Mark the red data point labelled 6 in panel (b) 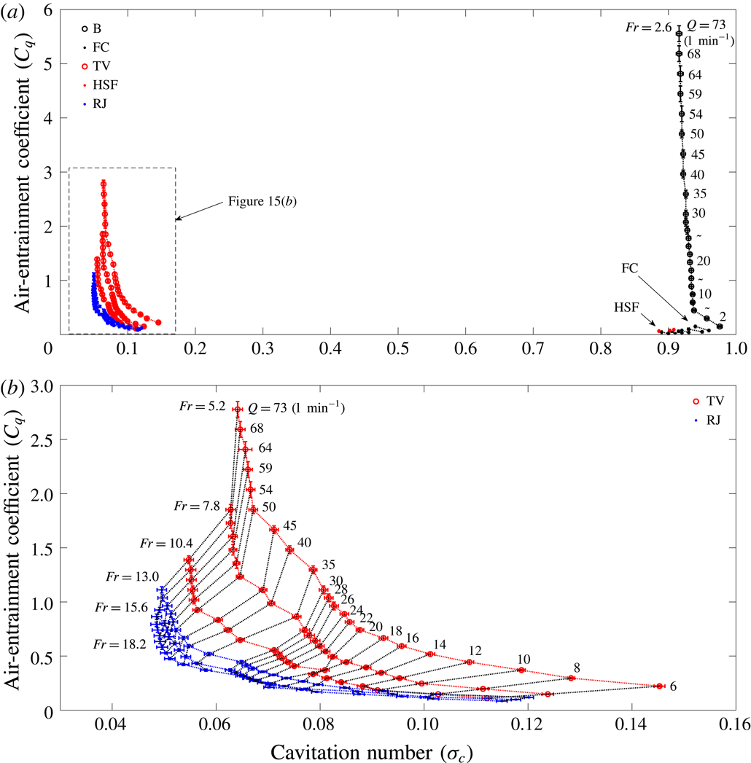[x=658, y=686]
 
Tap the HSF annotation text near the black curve [x=625, y=308]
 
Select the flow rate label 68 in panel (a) [x=694, y=55]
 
